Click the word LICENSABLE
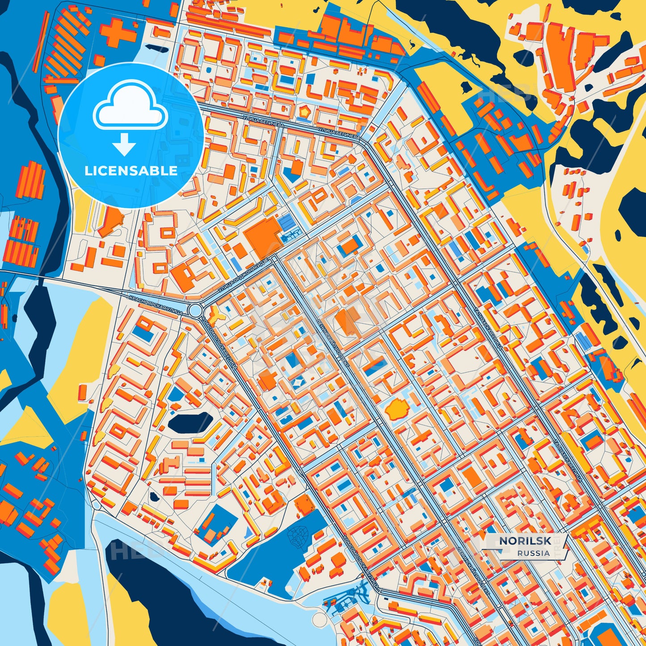131,171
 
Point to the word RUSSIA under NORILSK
533,553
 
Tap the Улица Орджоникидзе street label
242,277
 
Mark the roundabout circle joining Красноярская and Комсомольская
195,311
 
